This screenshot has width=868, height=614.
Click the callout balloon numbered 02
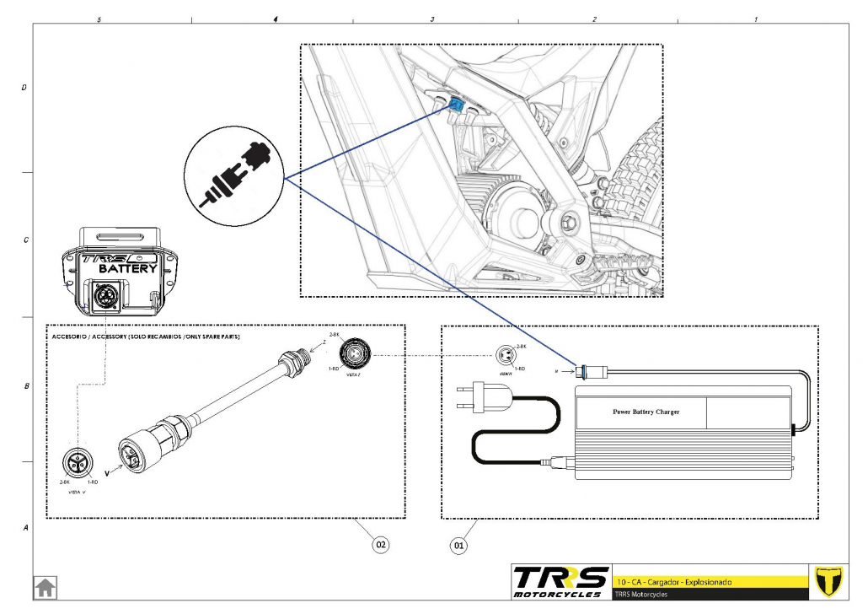(381, 546)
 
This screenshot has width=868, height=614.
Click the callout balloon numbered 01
(459, 546)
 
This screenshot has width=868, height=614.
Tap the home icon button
(45, 587)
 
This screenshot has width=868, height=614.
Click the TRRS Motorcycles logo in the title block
(560, 581)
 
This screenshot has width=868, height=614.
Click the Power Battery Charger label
(646, 412)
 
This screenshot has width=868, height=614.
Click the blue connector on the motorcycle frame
(455, 105)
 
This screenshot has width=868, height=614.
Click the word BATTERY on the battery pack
(127, 268)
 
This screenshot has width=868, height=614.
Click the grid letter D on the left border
(24, 87)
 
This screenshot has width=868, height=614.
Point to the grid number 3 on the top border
(432, 19)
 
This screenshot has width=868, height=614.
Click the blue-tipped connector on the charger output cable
(582, 369)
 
